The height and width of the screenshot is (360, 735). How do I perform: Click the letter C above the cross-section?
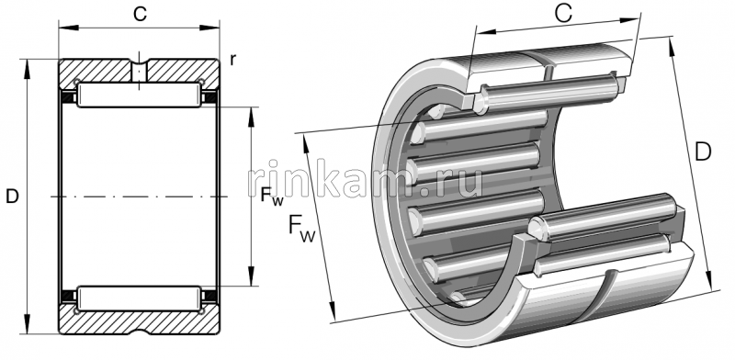click(140, 14)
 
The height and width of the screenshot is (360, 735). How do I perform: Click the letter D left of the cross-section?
click(12, 197)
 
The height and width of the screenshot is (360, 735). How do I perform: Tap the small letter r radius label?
click(233, 60)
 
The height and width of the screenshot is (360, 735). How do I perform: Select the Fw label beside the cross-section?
click(272, 195)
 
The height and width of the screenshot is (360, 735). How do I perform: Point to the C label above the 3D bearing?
click(563, 14)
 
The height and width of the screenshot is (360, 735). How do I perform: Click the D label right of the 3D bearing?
click(703, 152)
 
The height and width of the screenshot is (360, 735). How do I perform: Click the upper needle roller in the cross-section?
click(140, 95)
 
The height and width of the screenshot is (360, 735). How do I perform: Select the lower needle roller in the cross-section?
click(140, 298)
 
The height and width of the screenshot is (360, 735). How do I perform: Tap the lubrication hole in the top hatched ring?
click(140, 71)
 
